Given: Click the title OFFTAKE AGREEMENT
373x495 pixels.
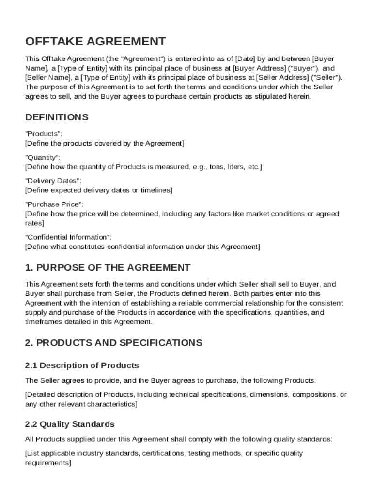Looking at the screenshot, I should (95, 41).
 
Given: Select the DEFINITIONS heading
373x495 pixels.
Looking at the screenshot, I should (57, 117).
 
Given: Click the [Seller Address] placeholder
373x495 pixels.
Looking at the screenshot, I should (282, 77).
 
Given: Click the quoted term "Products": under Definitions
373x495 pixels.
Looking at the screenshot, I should (43, 134).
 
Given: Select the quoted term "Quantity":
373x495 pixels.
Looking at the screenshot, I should (43, 158).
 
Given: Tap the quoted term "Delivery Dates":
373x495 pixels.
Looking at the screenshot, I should (53, 181).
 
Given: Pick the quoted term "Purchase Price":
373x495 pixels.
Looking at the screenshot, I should (54, 204).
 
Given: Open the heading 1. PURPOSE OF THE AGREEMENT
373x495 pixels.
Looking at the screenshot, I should (108, 268).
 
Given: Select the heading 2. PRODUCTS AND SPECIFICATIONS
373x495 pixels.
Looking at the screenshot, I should (113, 343).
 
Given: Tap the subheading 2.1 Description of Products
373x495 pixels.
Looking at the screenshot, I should (82, 365).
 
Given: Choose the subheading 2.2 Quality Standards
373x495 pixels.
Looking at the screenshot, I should (70, 424).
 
